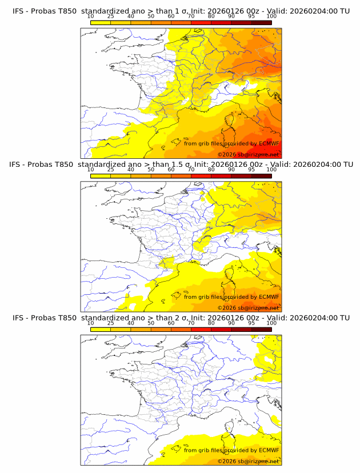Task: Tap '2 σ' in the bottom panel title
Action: (182, 317)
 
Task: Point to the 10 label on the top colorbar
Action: (90, 17)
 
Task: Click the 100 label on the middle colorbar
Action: (271, 170)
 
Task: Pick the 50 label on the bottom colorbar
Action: (151, 323)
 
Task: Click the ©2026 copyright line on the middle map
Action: (248, 307)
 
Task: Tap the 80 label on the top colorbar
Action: (211, 17)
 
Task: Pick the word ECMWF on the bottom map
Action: (269, 450)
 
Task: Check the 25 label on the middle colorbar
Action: (110, 170)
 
